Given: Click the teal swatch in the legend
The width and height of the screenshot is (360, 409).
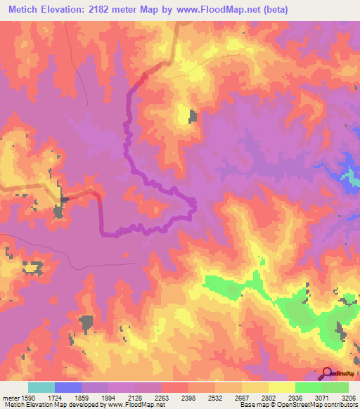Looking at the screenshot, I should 41,387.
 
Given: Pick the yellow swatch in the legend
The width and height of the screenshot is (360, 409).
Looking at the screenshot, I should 282,387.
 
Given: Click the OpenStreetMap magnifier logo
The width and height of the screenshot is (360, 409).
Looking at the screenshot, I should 326,373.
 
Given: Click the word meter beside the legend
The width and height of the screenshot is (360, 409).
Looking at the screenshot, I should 9,398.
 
